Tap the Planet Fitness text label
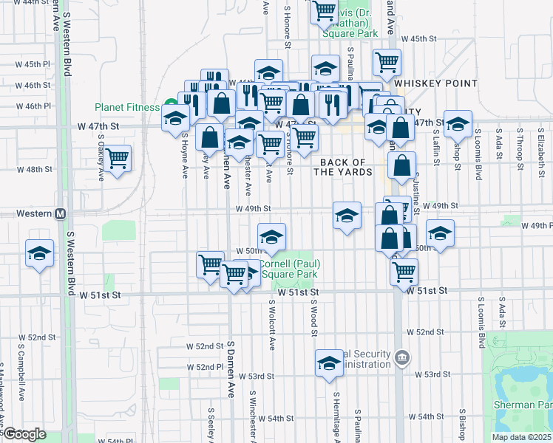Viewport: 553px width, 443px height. (x=126, y=107)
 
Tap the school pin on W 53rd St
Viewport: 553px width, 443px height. (x=329, y=363)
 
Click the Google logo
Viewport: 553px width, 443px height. (x=24, y=433)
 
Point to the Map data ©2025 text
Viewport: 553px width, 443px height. (x=521, y=437)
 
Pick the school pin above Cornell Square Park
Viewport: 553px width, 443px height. (x=271, y=237)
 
